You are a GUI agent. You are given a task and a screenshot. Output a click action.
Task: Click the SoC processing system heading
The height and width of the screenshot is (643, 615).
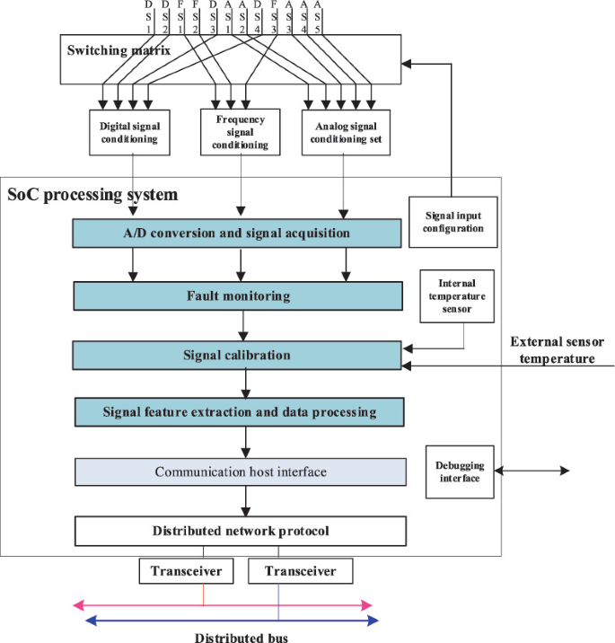click(92, 194)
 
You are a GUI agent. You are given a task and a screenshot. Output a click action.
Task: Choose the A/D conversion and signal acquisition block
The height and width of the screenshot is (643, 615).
click(237, 233)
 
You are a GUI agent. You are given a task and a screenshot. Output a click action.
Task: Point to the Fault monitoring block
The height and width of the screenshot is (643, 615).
click(237, 295)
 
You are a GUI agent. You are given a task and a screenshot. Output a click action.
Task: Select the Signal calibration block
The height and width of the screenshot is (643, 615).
click(237, 355)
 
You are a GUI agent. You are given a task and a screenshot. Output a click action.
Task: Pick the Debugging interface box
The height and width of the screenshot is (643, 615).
click(456, 471)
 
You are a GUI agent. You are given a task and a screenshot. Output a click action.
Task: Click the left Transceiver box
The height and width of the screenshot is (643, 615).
click(186, 571)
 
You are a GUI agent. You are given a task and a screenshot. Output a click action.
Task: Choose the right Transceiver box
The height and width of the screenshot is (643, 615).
click(300, 571)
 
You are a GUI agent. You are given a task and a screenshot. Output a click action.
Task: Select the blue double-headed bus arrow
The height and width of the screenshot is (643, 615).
click(225, 621)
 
